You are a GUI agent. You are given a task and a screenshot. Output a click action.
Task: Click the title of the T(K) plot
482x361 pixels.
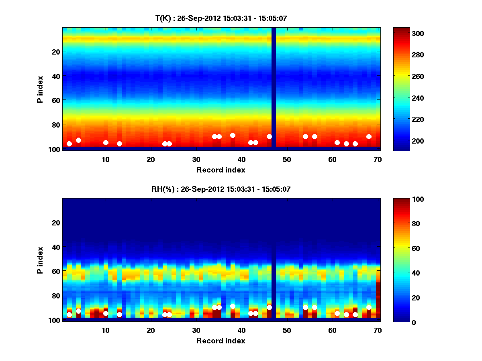[x=221, y=18]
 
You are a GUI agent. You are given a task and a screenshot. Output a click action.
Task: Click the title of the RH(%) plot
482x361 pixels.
[x=221, y=189]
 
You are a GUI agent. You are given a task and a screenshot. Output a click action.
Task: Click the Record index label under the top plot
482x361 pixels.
[x=221, y=170]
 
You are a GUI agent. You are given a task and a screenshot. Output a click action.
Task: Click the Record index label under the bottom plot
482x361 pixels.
[x=221, y=341]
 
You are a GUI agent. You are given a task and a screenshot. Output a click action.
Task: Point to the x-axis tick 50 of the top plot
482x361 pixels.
[x=287, y=159]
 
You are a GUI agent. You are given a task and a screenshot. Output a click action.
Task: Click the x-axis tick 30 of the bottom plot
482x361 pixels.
[x=196, y=330]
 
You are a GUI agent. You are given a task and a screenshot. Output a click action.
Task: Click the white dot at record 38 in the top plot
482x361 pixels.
[x=233, y=135]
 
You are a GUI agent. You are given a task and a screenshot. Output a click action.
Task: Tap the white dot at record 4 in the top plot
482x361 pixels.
[x=78, y=140]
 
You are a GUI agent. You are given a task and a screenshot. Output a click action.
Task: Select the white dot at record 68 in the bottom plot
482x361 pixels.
[x=369, y=307]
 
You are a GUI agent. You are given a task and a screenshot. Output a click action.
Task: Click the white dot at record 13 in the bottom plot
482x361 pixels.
[x=119, y=314]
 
